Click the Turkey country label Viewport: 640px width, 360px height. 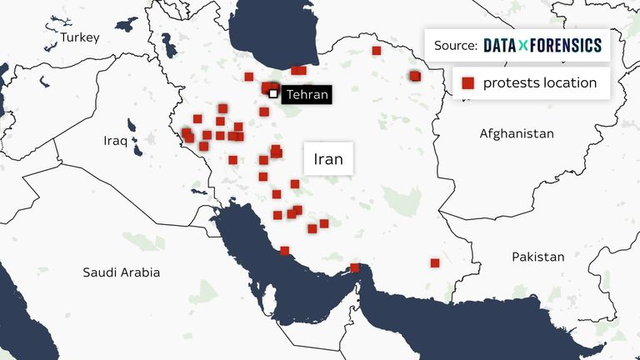pyautogui.click(x=79, y=37)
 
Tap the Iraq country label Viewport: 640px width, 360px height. pyautogui.click(x=116, y=141)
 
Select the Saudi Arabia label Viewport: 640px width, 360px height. pyautogui.click(x=121, y=272)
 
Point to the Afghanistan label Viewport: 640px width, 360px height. pyautogui.click(x=517, y=133)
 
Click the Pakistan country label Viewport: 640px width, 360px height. pyautogui.click(x=537, y=257)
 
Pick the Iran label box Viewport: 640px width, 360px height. pyautogui.click(x=328, y=157)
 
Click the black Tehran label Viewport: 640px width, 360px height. pyautogui.click(x=306, y=95)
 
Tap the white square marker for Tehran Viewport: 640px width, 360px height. pyautogui.click(x=273, y=93)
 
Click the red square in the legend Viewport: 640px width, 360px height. pyautogui.click(x=468, y=82)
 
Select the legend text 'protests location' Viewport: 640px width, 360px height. pyautogui.click(x=540, y=82)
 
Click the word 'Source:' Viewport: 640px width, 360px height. pyautogui.click(x=456, y=45)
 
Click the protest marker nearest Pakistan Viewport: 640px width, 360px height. pyautogui.click(x=435, y=262)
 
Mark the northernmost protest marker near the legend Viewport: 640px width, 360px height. pyautogui.click(x=377, y=51)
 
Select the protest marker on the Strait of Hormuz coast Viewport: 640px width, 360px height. pyautogui.click(x=355, y=267)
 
